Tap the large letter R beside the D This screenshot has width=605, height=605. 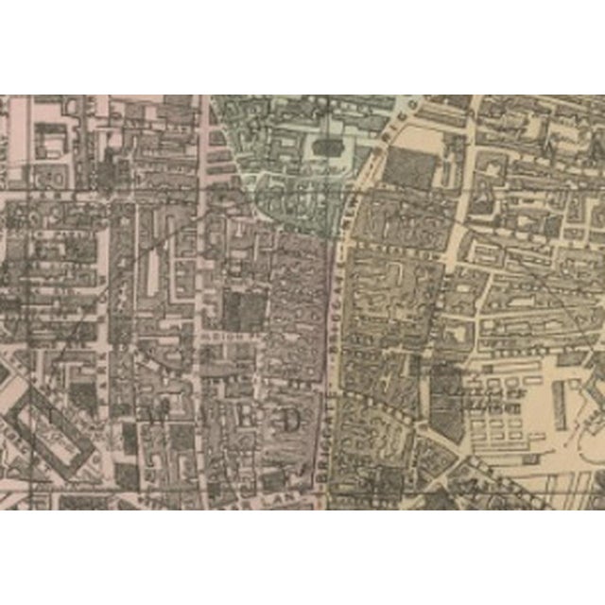(x=247, y=417)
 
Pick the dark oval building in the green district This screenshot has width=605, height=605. (x=326, y=147)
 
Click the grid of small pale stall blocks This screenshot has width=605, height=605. (x=501, y=416)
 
